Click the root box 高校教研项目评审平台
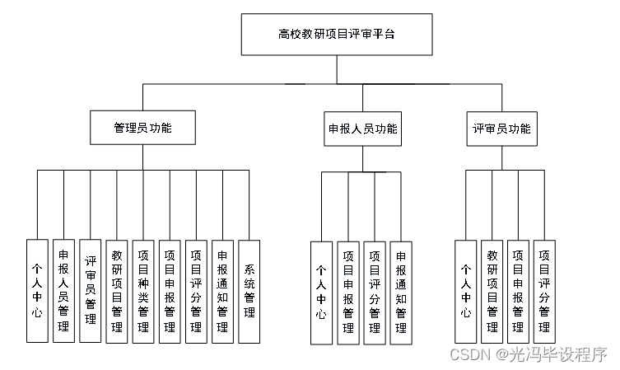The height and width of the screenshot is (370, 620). click(x=336, y=35)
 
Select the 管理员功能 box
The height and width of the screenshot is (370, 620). click(x=142, y=129)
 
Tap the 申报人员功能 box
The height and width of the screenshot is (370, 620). click(x=362, y=129)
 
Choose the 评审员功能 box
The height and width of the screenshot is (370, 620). click(x=501, y=129)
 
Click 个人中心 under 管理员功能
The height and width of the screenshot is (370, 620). click(x=37, y=291)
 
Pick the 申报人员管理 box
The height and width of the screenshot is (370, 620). click(x=63, y=291)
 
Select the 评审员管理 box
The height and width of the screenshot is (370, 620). click(x=90, y=291)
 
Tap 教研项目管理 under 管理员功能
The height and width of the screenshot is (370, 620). click(x=116, y=291)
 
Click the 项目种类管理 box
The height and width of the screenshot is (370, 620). click(x=143, y=291)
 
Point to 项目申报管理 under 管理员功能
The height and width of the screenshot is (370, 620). click(x=170, y=291)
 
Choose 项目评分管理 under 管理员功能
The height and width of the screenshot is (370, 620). click(x=196, y=291)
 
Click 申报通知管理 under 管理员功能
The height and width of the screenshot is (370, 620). click(x=222, y=291)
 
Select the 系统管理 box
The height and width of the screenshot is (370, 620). click(x=249, y=291)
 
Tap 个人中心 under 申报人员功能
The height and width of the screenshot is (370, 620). click(x=321, y=293)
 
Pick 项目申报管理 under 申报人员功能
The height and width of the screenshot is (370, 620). click(x=347, y=293)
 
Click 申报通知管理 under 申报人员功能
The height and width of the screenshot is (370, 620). click(x=401, y=293)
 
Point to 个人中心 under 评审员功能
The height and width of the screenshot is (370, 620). click(x=465, y=291)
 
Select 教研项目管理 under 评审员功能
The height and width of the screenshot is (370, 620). click(x=492, y=291)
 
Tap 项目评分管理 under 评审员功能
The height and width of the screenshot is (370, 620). click(x=544, y=291)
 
